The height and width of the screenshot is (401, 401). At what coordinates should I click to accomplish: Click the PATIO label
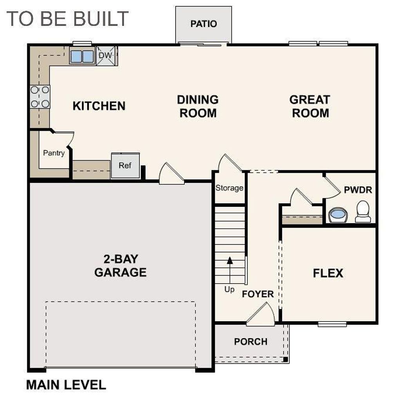click(x=203, y=24)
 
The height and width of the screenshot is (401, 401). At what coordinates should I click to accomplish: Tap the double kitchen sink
click(x=82, y=56)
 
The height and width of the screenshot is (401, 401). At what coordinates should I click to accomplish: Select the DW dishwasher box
click(x=105, y=56)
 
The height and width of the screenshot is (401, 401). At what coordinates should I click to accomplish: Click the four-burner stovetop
click(x=40, y=97)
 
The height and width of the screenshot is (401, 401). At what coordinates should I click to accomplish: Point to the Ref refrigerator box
click(x=125, y=165)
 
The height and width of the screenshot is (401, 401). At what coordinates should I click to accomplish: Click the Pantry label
click(x=54, y=153)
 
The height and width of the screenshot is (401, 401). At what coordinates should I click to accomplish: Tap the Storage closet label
click(x=229, y=188)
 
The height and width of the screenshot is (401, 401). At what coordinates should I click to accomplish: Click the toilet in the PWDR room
click(x=363, y=211)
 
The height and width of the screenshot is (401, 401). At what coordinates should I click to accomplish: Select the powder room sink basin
click(x=338, y=215)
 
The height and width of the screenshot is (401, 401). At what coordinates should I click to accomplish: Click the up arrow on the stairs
click(x=230, y=261)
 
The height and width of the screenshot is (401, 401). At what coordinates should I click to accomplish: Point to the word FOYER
click(x=258, y=294)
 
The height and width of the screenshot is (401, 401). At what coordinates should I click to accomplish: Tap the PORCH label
click(x=251, y=341)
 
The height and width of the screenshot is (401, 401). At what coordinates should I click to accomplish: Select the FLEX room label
click(x=328, y=273)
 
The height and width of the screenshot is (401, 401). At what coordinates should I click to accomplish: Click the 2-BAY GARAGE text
click(x=120, y=266)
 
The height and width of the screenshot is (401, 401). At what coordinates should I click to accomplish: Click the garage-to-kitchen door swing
click(x=171, y=174)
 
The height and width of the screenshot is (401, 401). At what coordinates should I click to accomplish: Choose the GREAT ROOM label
click(x=310, y=106)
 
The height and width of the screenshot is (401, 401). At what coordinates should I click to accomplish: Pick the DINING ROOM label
click(x=198, y=106)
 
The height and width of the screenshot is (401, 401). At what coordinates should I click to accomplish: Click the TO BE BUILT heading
click(x=67, y=18)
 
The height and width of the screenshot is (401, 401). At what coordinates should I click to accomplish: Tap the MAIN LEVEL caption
click(x=66, y=385)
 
